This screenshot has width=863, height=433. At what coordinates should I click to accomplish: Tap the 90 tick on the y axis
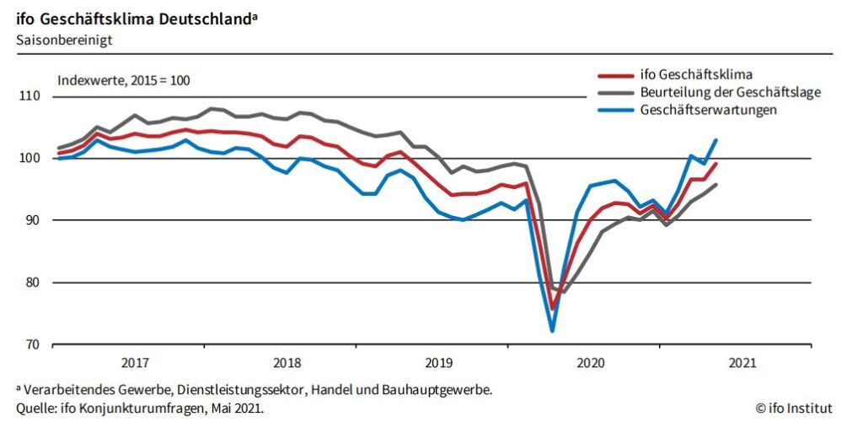[31, 220]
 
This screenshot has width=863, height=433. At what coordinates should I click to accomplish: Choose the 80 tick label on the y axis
[31, 283]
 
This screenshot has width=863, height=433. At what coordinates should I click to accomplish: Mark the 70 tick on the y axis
[31, 344]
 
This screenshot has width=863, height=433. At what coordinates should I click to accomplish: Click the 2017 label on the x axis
[135, 363]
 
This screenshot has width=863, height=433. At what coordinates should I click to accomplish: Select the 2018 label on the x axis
[287, 363]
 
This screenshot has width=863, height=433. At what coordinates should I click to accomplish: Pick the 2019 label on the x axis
[438, 363]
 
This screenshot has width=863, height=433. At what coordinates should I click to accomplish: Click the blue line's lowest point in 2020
[552, 330]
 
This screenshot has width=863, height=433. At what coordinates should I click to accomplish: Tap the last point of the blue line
[716, 140]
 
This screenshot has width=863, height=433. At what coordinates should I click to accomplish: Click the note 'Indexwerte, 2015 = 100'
[124, 81]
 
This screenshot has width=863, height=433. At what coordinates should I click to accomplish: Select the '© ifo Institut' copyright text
[794, 409]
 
